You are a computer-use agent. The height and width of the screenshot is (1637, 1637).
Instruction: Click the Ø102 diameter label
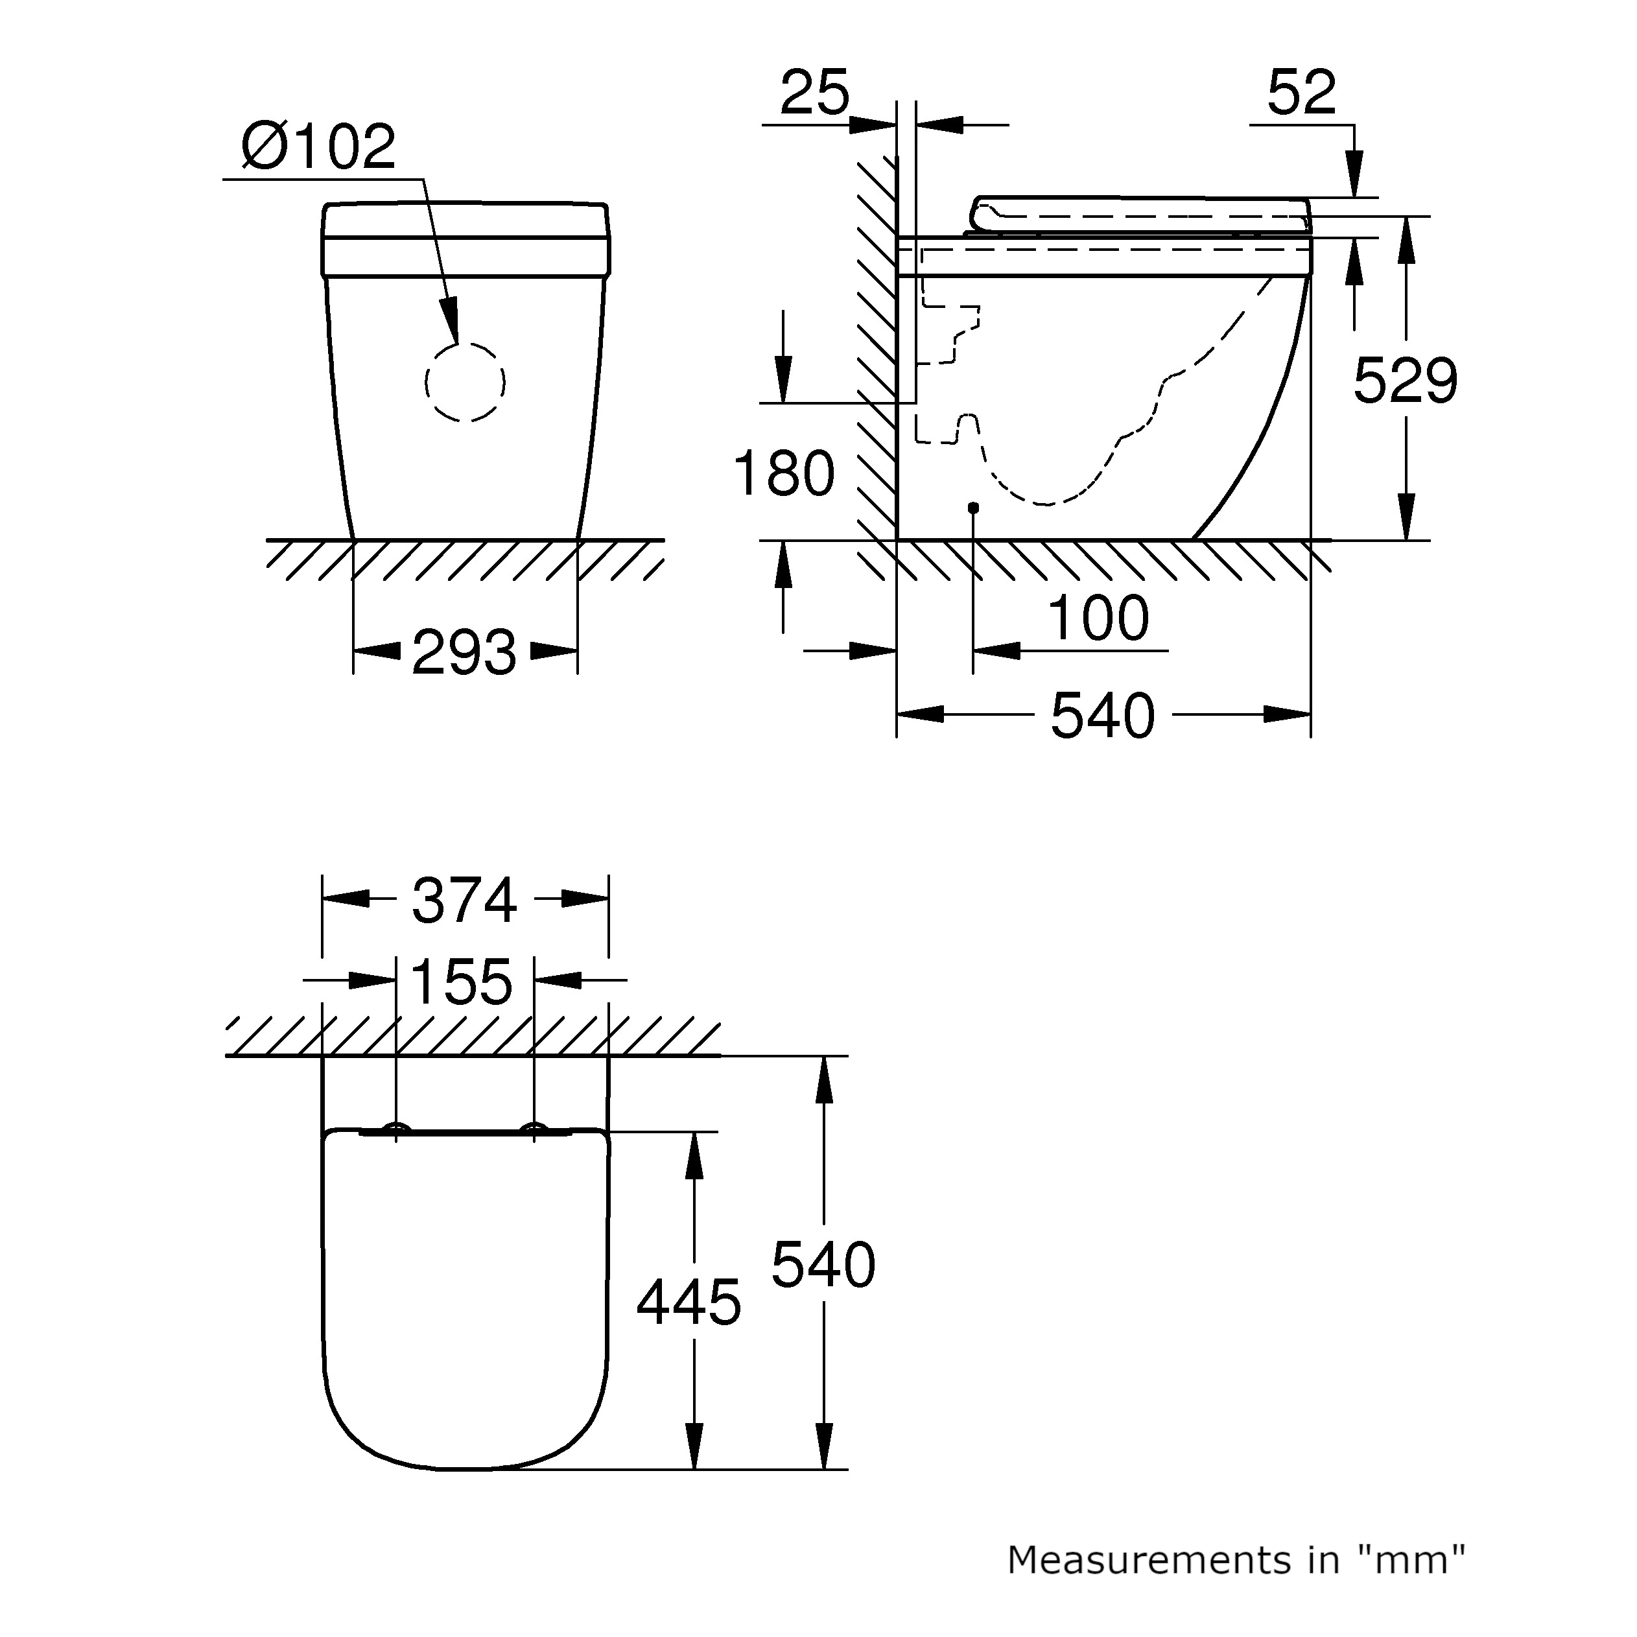pyautogui.click(x=318, y=147)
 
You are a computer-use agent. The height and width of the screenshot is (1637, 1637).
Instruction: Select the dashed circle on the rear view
pyautogui.click(x=465, y=381)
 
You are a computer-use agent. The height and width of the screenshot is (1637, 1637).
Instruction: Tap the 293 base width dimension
pyautogui.click(x=464, y=652)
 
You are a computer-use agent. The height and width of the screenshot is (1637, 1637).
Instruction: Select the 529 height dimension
pyautogui.click(x=1405, y=381)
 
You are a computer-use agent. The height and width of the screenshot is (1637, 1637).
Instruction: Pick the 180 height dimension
pyautogui.click(x=784, y=474)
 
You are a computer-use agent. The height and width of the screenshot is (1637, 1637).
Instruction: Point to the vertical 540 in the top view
pyautogui.click(x=823, y=1265)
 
